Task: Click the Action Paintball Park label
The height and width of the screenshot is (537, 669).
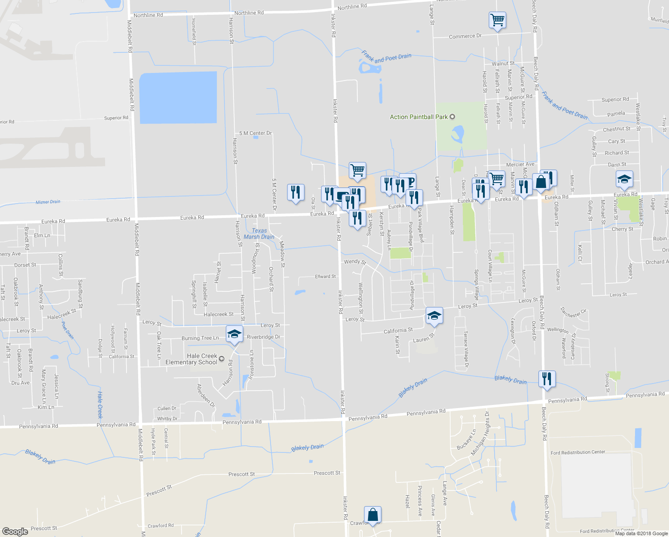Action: tap(419, 117)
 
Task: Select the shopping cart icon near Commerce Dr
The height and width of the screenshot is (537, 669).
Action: tap(497, 20)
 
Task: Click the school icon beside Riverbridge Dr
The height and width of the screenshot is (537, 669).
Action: tap(234, 334)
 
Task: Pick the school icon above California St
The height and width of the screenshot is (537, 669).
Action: tap(434, 315)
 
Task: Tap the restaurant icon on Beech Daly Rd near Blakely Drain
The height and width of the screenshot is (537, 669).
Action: tap(546, 379)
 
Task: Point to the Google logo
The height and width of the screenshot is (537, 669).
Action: tap(15, 531)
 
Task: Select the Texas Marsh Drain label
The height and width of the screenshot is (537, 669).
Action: tap(259, 234)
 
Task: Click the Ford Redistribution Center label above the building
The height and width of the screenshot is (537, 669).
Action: tap(578, 452)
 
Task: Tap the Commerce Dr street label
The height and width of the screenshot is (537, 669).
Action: tap(465, 36)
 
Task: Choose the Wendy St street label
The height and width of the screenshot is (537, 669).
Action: tap(355, 261)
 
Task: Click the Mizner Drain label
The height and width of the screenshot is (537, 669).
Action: tap(48, 202)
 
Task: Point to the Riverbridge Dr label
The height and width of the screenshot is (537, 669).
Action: tap(263, 337)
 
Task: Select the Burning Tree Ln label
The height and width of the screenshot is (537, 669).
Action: tap(200, 338)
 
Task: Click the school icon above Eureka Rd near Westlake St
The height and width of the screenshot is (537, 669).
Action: tap(624, 179)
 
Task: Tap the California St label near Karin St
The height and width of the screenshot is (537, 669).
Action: tap(398, 331)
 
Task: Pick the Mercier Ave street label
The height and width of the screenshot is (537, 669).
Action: tap(520, 165)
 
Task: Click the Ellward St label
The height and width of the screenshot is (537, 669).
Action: tap(325, 277)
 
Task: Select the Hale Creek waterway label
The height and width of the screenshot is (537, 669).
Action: tap(100, 405)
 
